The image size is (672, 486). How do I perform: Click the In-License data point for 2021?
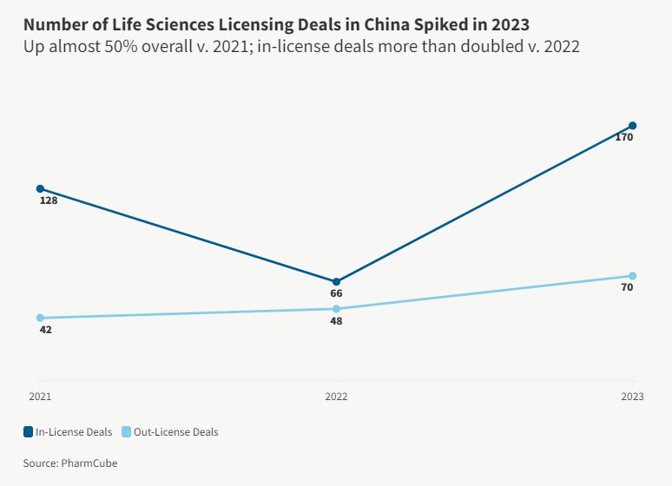click(40, 188)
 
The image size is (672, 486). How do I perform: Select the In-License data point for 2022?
click(336, 281)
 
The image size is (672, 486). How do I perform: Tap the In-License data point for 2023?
click(633, 126)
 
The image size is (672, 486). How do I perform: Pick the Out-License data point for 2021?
click(40, 318)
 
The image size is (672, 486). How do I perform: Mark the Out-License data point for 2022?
click(336, 309)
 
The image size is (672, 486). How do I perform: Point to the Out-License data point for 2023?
click(633, 276)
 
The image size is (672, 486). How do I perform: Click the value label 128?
click(49, 200)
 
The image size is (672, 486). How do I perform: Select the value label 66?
click(336, 293)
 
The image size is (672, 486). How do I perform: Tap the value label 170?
click(623, 137)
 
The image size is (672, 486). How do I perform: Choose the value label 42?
click(46, 330)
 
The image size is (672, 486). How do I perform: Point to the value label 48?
click(336, 321)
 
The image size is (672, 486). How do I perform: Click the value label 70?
click(627, 287)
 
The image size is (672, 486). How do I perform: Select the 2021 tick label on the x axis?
click(40, 397)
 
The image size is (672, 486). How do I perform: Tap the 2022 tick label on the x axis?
click(336, 397)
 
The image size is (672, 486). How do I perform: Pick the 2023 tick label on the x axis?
click(632, 397)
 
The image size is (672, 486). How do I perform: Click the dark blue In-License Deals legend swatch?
click(29, 431)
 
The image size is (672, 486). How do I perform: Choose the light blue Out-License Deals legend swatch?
click(126, 431)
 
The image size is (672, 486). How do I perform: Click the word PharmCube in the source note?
click(89, 463)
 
